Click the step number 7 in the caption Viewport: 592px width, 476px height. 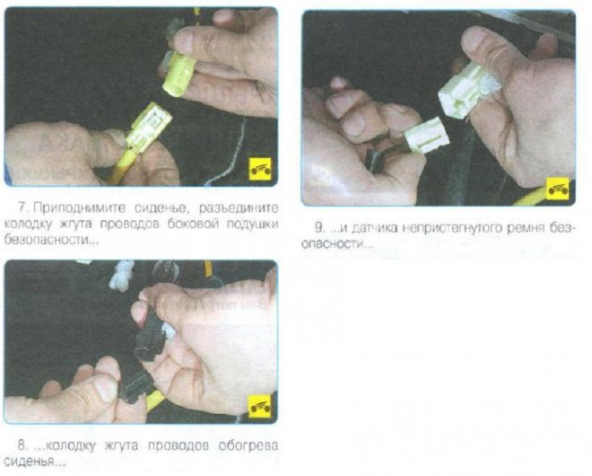(x=23, y=207)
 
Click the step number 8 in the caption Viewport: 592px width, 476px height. (x=22, y=445)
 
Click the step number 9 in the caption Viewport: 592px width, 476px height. (x=319, y=228)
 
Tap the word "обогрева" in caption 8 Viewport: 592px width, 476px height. (x=248, y=445)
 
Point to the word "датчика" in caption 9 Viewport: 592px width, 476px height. (x=373, y=228)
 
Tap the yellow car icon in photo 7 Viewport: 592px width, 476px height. (x=260, y=169)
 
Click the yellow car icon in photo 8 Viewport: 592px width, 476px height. (x=260, y=407)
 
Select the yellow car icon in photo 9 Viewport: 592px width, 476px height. (x=557, y=189)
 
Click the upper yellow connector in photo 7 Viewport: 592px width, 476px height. (x=179, y=73)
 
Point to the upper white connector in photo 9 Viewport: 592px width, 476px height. (x=469, y=90)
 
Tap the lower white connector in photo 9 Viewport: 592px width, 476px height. (x=427, y=136)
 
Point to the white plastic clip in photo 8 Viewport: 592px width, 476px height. (x=122, y=276)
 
